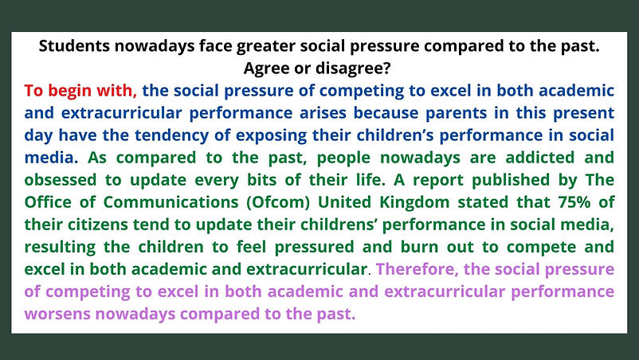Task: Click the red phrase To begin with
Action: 80,91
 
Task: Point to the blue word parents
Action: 456,113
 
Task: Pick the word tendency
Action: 171,135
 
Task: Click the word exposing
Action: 271,135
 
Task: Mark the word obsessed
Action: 61,179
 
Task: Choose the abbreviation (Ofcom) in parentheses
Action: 278,202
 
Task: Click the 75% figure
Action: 574,202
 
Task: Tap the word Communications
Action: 171,202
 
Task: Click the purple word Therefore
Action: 416,269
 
